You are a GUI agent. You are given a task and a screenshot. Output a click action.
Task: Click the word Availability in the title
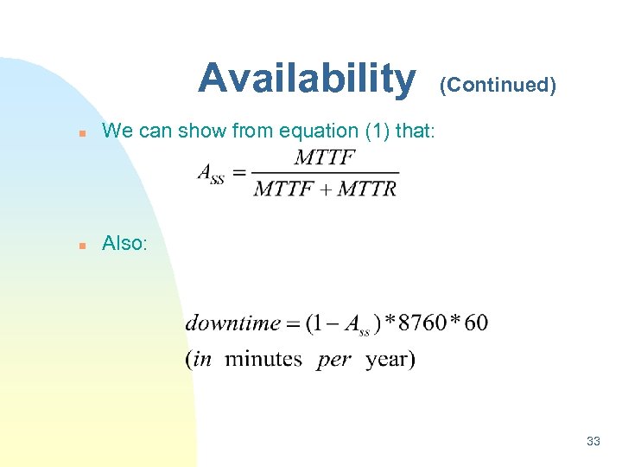coord(306,79)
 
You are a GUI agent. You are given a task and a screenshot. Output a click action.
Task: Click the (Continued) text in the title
coord(498,85)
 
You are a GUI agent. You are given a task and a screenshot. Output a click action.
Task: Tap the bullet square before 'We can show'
coord(80,133)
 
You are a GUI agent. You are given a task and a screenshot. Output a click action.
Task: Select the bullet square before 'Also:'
coord(80,246)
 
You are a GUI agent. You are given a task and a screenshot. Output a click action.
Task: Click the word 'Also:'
coord(124,244)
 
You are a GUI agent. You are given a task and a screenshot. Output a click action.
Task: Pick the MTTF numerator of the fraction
coord(325,158)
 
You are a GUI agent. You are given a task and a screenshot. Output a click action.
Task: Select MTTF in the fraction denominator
coord(283,189)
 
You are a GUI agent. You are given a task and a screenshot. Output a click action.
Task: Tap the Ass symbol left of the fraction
coord(211,174)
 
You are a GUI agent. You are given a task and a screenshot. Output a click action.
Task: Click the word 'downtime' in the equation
coord(232,323)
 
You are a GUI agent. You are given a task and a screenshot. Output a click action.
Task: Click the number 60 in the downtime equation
coord(475,323)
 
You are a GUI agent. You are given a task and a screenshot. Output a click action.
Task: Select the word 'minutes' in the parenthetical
coord(263,359)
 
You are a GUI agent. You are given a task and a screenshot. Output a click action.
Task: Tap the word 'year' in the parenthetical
coord(386,360)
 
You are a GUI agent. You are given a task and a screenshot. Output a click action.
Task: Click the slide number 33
coord(593,441)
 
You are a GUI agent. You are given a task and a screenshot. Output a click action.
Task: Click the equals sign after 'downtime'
coord(293,324)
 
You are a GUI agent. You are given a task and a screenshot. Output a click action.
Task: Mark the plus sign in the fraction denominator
coord(325,189)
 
